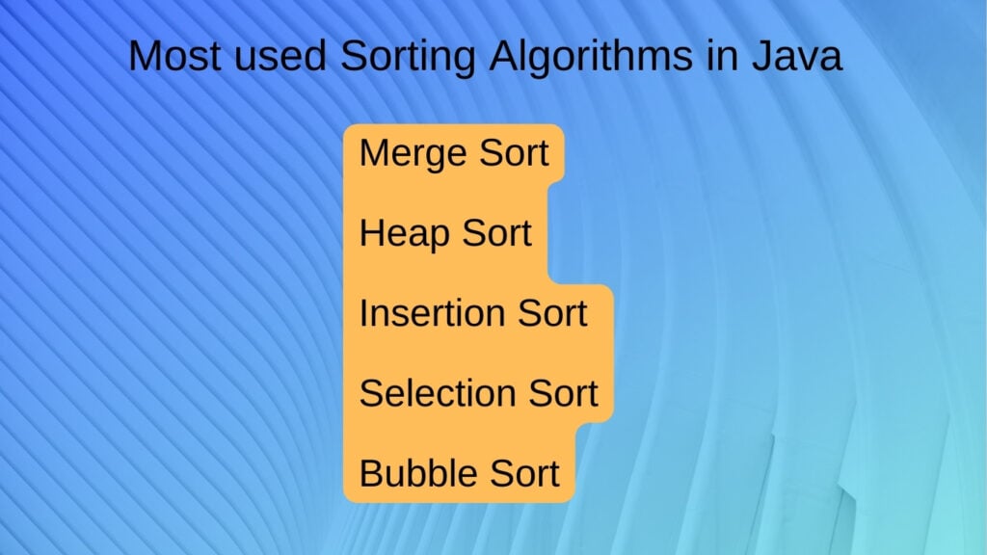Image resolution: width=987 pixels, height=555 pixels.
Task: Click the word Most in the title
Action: [x=174, y=55]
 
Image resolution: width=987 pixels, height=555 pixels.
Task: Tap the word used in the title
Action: [x=280, y=55]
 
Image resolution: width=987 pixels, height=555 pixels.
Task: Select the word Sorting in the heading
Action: [x=408, y=58]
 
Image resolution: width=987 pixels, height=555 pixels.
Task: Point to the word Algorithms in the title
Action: [x=591, y=58]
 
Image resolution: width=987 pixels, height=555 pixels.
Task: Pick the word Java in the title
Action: [x=797, y=55]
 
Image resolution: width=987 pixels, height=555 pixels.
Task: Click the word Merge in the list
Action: [x=413, y=155]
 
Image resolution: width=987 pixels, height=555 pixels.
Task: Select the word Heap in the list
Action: [x=404, y=235]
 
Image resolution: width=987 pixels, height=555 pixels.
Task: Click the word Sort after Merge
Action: [x=515, y=153]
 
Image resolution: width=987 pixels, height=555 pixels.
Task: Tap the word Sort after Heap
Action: [x=497, y=233]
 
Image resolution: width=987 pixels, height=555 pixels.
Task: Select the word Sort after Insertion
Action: [x=552, y=313]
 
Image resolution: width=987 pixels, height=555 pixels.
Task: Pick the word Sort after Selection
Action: [x=563, y=393]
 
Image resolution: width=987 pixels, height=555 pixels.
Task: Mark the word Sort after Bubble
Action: [x=525, y=473]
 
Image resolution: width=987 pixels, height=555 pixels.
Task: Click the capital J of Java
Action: [x=761, y=55]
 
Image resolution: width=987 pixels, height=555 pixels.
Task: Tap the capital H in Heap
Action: [x=372, y=233]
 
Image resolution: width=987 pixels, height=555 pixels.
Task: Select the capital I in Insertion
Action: [x=363, y=313]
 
